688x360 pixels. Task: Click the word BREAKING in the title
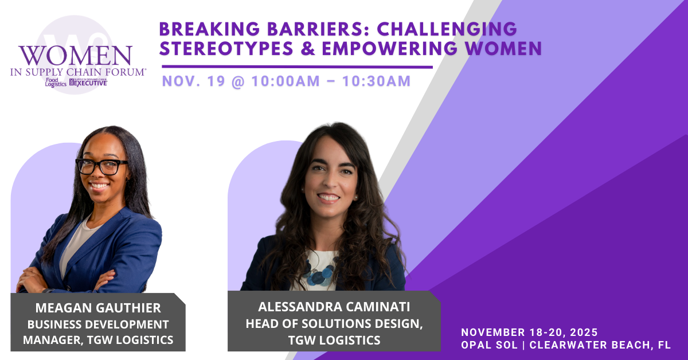coord(209,29)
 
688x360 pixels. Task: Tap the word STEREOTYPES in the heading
coord(226,49)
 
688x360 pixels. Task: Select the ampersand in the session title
coord(308,49)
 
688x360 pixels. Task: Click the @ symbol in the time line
coord(239,81)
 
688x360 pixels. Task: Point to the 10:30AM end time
coord(376,81)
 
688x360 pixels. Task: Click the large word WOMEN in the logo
coord(76,56)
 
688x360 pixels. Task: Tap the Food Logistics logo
coord(56,83)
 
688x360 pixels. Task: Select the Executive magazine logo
coord(88,83)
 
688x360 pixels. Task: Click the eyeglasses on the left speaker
coord(101,166)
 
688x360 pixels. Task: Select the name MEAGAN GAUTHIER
coord(98,308)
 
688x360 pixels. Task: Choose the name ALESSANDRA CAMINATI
coord(334,307)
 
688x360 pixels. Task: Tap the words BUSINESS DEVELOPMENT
coord(98,324)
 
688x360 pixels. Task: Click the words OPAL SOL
coord(489,345)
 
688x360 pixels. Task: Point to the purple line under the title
coord(298,66)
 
